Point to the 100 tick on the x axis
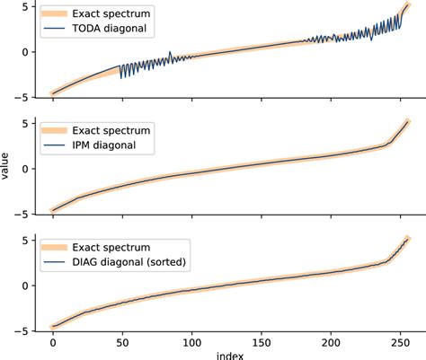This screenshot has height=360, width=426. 191,342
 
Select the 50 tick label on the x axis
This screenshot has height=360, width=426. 121,342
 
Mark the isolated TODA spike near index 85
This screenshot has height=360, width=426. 171,53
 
